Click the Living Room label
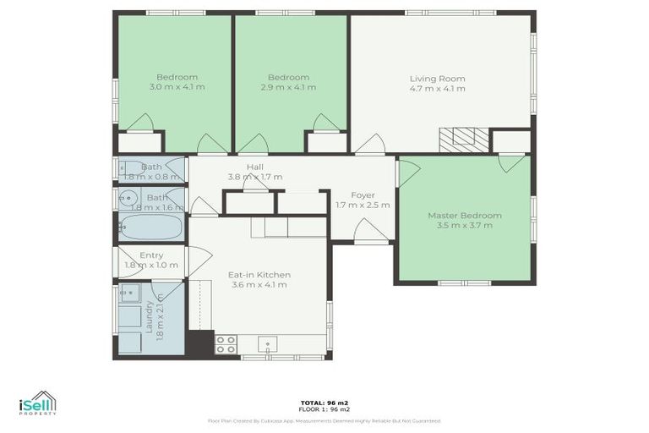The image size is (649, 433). click(x=437, y=79)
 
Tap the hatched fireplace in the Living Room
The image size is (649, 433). click(x=464, y=138)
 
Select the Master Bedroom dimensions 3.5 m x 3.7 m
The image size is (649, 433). click(x=464, y=225)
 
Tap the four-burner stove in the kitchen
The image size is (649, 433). click(x=226, y=344)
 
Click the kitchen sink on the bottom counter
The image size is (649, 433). click(x=268, y=344)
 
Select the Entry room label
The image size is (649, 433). click(x=151, y=255)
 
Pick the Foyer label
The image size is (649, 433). click(x=363, y=195)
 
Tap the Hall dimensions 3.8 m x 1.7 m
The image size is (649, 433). click(x=254, y=177)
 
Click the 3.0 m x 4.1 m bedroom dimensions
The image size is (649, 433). click(x=177, y=87)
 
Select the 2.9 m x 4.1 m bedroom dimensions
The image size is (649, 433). click(x=288, y=87)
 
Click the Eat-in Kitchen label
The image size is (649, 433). click(x=259, y=275)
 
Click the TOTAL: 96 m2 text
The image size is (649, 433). click(x=324, y=402)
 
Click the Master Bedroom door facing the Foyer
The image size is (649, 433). click(x=407, y=173)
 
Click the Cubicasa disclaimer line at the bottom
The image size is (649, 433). click(x=324, y=420)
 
